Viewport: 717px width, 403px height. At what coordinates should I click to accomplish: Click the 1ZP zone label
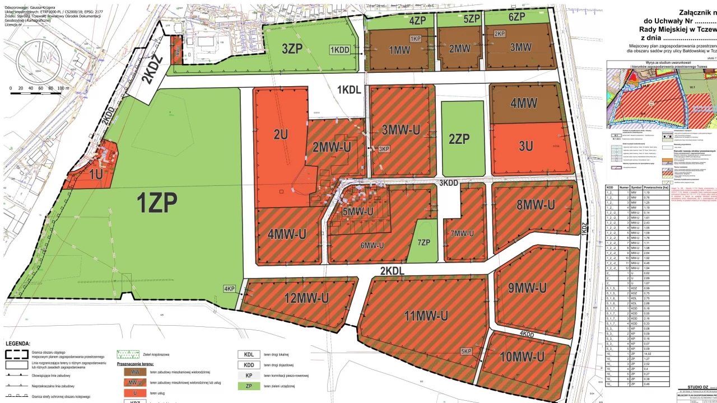click(157, 203)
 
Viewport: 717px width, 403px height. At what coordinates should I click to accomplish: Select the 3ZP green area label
click(292, 49)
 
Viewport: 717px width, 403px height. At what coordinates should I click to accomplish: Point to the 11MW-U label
click(427, 316)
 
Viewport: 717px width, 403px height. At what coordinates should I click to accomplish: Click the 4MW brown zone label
click(524, 103)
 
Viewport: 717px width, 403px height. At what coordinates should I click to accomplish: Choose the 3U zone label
click(525, 147)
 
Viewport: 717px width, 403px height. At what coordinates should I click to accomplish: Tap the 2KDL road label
click(393, 271)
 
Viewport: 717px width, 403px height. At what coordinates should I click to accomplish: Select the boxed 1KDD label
click(340, 50)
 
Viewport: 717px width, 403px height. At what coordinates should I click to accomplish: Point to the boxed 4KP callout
click(229, 289)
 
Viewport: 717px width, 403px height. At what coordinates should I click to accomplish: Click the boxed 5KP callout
click(467, 351)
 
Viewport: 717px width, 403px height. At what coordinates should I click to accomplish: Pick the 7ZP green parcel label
click(423, 242)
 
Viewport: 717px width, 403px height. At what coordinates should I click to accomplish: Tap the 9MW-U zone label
click(527, 288)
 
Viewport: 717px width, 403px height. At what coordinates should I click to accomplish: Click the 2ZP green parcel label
click(459, 139)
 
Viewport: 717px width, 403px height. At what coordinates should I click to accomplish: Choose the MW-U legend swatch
click(134, 383)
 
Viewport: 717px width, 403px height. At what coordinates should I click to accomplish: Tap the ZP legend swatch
click(249, 386)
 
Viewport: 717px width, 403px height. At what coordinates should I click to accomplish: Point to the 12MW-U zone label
click(306, 298)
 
